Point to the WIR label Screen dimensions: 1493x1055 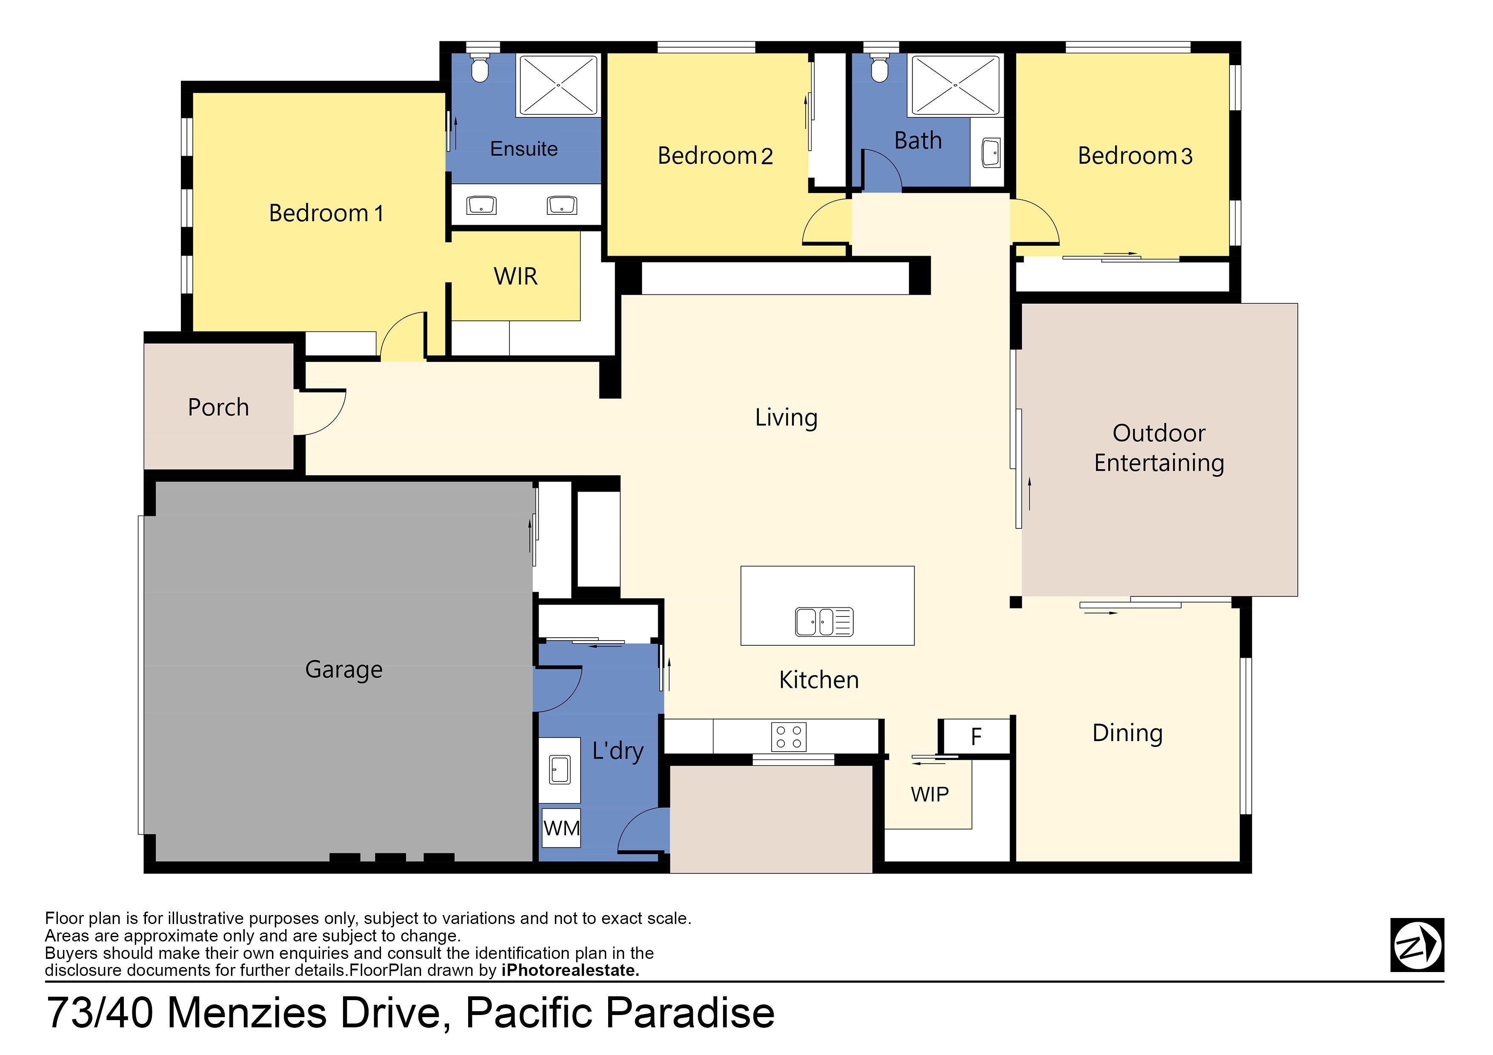pos(516,276)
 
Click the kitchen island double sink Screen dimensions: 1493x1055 pos(824,622)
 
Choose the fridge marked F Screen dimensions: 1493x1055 pos(976,736)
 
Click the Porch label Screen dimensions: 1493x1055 pos(218,408)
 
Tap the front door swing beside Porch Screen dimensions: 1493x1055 pos(320,412)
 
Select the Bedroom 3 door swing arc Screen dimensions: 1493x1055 pos(1035,221)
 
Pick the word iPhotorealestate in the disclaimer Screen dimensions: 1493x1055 pos(570,970)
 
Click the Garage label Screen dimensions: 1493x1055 pos(344,670)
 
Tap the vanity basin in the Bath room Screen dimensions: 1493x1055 pos(990,153)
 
